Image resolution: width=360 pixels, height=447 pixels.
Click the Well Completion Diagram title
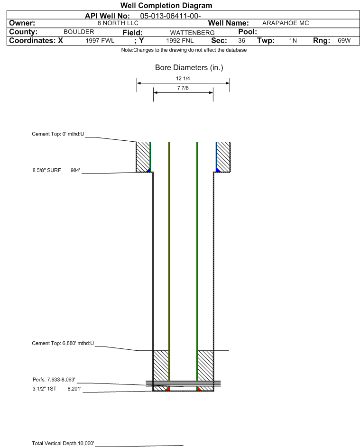click(166, 5)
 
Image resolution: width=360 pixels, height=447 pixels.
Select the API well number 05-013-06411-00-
click(170, 16)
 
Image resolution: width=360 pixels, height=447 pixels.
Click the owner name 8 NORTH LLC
click(118, 23)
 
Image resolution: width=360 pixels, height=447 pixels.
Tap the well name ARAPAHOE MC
click(286, 23)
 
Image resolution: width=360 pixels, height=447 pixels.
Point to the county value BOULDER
click(79, 32)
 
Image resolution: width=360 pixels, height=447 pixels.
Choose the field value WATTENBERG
click(192, 33)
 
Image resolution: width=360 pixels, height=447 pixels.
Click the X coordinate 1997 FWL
click(100, 41)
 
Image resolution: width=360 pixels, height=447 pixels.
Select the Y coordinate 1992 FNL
click(180, 41)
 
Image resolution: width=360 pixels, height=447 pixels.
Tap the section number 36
click(241, 41)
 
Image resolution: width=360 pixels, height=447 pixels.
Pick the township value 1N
click(293, 41)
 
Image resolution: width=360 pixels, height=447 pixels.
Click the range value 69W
click(344, 41)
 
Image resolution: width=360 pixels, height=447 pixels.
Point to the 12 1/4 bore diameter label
click(183, 78)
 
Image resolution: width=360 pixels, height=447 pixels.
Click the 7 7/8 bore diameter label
click(183, 88)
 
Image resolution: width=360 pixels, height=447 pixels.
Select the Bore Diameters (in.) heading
click(189, 68)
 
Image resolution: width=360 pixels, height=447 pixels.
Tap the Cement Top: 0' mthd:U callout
click(58, 134)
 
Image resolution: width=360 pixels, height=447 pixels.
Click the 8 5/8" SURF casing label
click(46, 171)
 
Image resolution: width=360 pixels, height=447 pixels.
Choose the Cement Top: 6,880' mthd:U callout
click(63, 343)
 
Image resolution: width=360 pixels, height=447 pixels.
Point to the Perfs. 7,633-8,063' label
click(54, 380)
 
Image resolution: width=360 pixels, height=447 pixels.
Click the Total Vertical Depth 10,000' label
click(63, 443)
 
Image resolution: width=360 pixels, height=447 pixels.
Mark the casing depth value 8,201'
click(74, 389)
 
